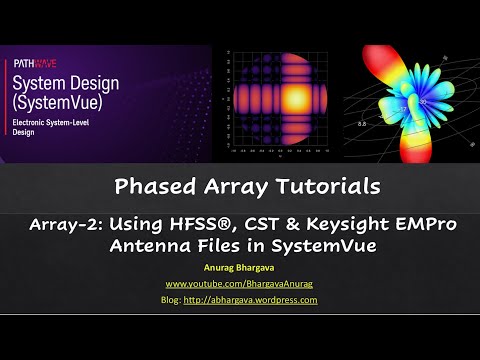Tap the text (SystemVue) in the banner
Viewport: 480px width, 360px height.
(58, 103)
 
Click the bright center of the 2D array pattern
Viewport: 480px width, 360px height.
(276, 97)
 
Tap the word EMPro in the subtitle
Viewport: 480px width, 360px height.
(423, 224)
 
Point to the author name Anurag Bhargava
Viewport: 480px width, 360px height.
(240, 268)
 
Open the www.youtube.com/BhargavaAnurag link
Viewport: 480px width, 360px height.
(240, 284)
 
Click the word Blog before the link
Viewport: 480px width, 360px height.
(172, 299)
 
